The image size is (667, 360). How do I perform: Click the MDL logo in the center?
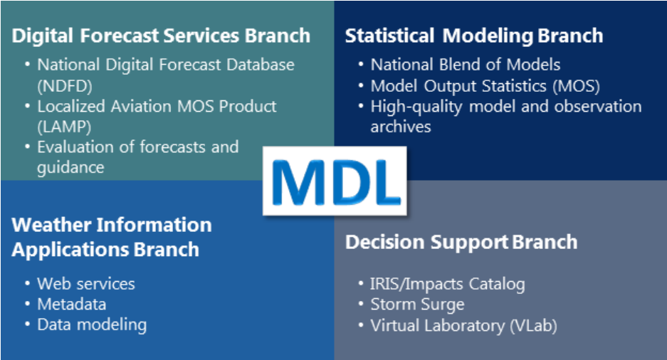pos(335,181)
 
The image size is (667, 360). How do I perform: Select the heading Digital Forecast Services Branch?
pos(161,36)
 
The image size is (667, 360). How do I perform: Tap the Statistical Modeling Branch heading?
pos(474,36)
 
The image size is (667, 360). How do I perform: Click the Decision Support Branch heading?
pos(461,243)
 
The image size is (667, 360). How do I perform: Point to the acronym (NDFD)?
pos(65,86)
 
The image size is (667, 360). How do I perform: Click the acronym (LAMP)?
pos(64,127)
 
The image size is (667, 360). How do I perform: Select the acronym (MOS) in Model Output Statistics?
pos(577,86)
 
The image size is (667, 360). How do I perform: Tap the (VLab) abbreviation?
pos(533,326)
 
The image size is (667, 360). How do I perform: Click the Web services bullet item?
pos(86,283)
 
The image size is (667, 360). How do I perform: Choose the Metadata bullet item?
pos(71,305)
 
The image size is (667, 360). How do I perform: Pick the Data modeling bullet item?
pos(92,324)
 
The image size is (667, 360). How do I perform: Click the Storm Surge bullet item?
pos(417,305)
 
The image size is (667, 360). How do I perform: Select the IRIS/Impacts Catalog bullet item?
pos(448,284)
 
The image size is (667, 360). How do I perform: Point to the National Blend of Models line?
pos(466,65)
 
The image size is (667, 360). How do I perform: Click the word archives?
pos(401,127)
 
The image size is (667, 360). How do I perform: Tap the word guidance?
pos(70,168)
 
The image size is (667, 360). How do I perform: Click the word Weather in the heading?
pos(51,225)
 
